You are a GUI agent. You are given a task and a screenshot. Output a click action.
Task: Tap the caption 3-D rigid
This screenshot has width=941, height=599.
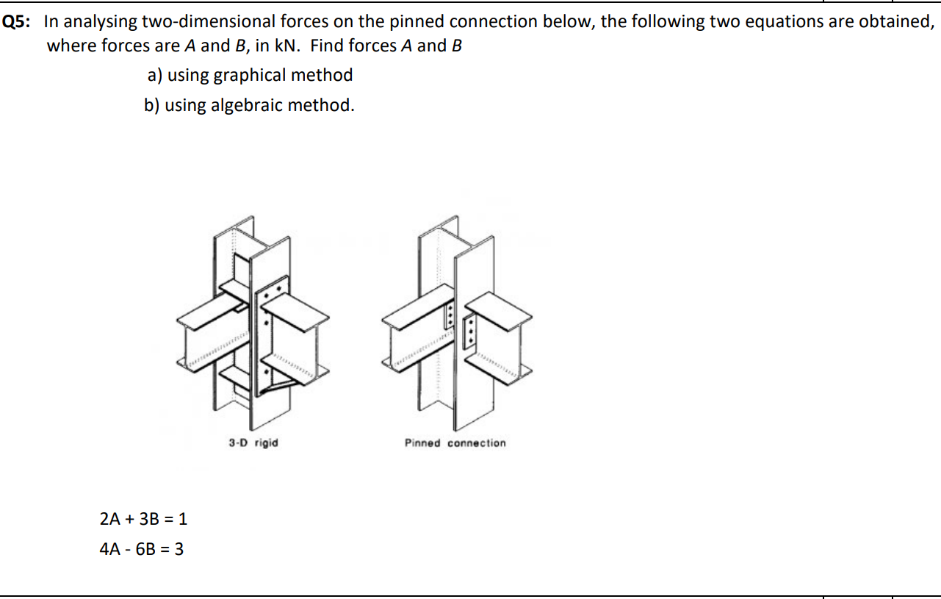pos(253,443)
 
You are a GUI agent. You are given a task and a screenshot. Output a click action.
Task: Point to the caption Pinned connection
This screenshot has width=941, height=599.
pos(455,443)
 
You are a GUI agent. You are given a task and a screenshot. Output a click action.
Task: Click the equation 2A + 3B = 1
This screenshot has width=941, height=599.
pos(143,519)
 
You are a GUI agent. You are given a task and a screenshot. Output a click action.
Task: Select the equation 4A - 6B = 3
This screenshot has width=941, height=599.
pos(141,549)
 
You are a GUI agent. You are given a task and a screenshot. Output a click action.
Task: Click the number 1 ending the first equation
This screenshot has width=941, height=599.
pos(183,519)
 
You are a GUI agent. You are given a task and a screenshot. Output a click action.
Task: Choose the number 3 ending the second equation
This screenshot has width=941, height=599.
pos(179,549)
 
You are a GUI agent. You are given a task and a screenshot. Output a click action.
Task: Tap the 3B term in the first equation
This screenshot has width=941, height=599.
pos(151,519)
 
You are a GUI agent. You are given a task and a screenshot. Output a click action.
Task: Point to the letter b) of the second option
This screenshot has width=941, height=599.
pos(152,105)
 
